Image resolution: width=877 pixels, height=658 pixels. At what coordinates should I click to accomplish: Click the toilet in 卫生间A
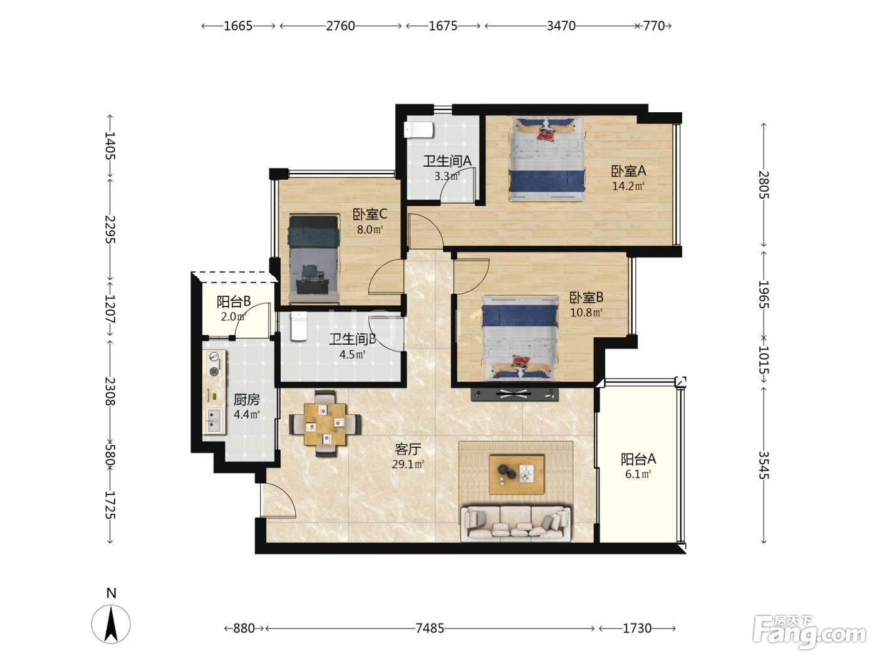click(418, 130)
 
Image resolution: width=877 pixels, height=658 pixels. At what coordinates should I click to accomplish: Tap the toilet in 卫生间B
click(298, 326)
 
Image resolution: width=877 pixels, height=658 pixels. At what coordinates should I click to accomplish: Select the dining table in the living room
click(325, 424)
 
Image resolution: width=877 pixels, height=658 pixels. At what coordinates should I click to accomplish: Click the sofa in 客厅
click(516, 523)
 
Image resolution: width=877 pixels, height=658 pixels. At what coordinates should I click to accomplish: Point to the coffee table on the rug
click(517, 474)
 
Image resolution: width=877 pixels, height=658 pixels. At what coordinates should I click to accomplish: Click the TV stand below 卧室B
click(515, 394)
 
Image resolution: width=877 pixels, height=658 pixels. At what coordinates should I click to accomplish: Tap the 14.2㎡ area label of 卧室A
click(628, 186)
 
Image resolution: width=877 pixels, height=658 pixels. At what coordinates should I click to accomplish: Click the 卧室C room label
click(370, 214)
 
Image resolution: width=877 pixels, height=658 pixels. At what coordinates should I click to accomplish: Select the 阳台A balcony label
click(638, 459)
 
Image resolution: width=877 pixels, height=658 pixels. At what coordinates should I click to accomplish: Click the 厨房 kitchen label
click(247, 400)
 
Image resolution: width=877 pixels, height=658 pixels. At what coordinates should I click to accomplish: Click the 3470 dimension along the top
click(561, 26)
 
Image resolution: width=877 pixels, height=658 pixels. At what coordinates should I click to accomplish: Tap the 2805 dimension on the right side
click(764, 185)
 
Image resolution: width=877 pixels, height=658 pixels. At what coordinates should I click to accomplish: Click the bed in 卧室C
click(314, 258)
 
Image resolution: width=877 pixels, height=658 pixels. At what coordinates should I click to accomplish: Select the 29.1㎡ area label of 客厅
click(408, 464)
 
